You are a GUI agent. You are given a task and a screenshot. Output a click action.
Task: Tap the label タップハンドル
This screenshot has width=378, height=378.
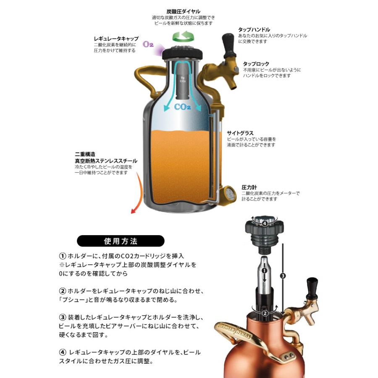(254, 30)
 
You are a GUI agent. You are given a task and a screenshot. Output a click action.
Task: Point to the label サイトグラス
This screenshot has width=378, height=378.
(240, 133)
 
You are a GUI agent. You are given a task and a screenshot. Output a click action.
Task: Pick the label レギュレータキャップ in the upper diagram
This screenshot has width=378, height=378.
(116, 39)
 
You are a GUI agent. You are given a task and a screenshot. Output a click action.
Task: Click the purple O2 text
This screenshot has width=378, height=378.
(148, 44)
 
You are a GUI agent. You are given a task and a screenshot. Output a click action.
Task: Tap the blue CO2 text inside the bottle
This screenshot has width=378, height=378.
(183, 107)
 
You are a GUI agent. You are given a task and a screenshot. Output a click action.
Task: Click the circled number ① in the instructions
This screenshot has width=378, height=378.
(62, 255)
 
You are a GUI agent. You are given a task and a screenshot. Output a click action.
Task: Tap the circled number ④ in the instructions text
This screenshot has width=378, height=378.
(62, 352)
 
